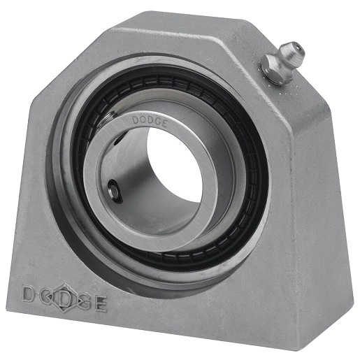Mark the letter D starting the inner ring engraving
136,119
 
